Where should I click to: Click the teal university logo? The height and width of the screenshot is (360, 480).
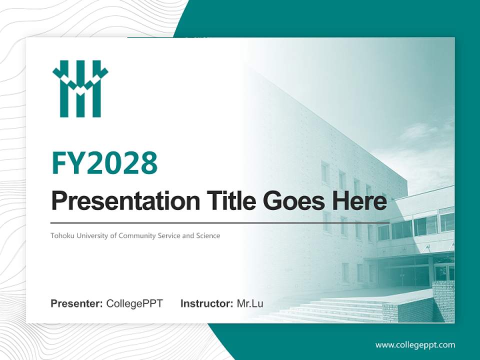[x=80, y=88]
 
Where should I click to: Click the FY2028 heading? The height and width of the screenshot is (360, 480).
[x=104, y=162]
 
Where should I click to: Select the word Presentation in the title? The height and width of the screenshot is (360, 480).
[x=125, y=201]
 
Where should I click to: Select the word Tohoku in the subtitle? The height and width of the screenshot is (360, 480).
[x=61, y=235]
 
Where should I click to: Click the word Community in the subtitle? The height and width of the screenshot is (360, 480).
[x=137, y=235]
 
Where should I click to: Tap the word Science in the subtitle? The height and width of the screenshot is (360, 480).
[x=208, y=235]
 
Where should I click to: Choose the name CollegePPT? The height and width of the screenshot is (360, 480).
[x=134, y=303]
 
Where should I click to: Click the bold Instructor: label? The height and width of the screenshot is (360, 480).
[x=206, y=303]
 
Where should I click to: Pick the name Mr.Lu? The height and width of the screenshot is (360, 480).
[x=250, y=303]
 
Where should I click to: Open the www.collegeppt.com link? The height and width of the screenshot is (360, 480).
[x=415, y=345]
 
